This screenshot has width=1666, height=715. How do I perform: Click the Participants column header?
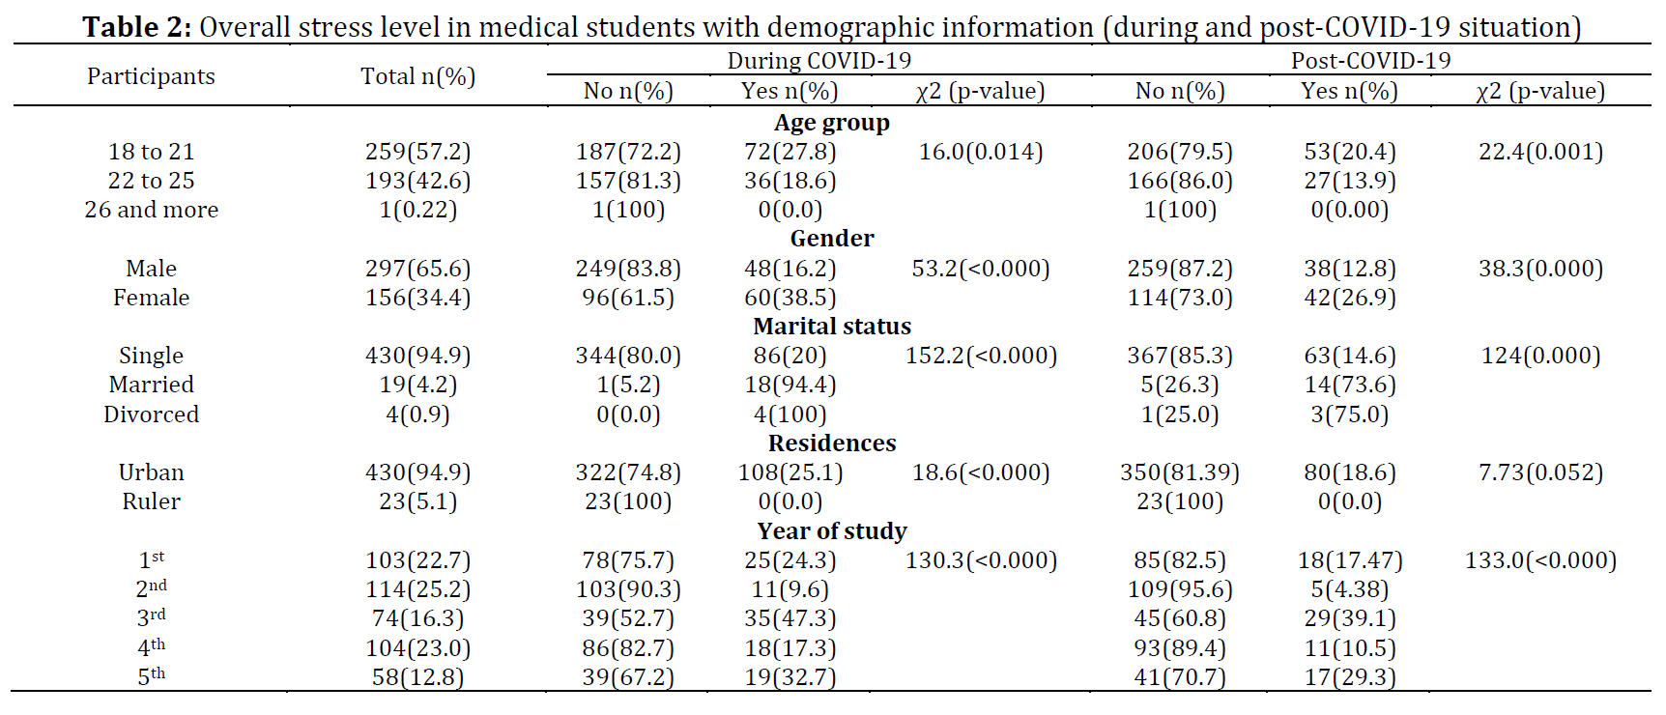point(151,76)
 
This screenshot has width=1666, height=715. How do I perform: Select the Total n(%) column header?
point(417,76)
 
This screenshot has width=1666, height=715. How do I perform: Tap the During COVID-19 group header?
point(819,60)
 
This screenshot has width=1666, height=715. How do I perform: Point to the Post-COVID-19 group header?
point(1370,60)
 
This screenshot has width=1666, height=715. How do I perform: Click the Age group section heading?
point(831,123)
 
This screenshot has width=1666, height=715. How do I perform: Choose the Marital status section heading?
point(831,327)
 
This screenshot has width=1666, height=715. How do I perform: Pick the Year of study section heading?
point(831,531)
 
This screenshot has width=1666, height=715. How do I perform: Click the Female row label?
point(151,298)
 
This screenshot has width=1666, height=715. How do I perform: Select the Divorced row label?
point(151,415)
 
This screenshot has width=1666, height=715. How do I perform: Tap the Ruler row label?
point(151,501)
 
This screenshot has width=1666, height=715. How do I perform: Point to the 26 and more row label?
point(151,210)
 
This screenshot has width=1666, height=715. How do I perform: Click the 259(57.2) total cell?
point(417,152)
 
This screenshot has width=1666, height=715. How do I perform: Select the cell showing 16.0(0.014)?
point(980,152)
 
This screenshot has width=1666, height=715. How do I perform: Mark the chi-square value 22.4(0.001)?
point(1540,152)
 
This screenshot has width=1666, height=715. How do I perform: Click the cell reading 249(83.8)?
point(628,269)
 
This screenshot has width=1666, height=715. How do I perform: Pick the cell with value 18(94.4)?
point(790,385)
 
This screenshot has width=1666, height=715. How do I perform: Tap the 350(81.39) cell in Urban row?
point(1179,472)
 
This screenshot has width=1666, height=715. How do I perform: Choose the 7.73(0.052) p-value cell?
point(1540,472)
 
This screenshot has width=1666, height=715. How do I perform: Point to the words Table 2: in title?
point(137,27)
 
